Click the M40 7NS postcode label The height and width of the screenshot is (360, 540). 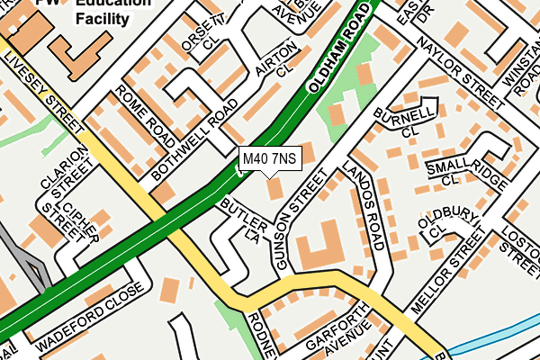[x=269, y=160]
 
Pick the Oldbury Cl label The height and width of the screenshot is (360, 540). [x=447, y=222]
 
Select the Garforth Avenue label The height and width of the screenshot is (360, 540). [x=329, y=337]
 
